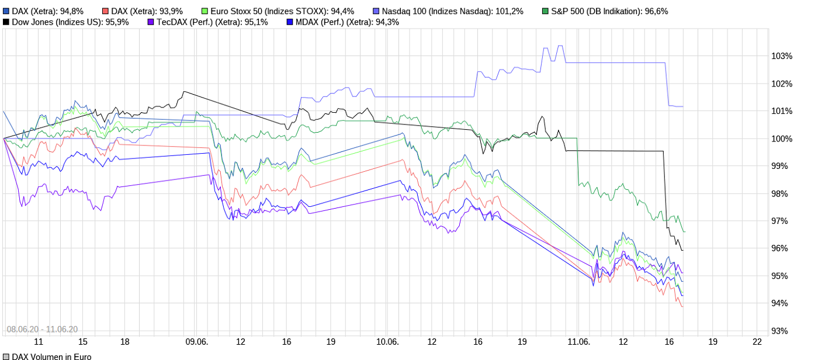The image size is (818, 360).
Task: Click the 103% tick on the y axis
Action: pyautogui.click(x=782, y=56)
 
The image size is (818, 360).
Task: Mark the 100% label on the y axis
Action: pyautogui.click(x=782, y=139)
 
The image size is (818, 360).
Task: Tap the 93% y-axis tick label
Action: pyautogui.click(x=782, y=331)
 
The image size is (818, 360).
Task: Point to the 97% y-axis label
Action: pyautogui.click(x=782, y=221)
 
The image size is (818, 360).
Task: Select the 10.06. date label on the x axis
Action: pyautogui.click(x=387, y=342)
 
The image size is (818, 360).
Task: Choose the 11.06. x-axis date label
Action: pyautogui.click(x=578, y=342)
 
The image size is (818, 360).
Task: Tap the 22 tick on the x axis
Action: pyautogui.click(x=757, y=342)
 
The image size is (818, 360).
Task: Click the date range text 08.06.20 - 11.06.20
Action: pyautogui.click(x=42, y=329)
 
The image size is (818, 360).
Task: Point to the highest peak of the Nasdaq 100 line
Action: pyautogui.click(x=560, y=46)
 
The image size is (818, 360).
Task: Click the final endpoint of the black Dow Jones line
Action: pyautogui.click(x=683, y=250)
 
